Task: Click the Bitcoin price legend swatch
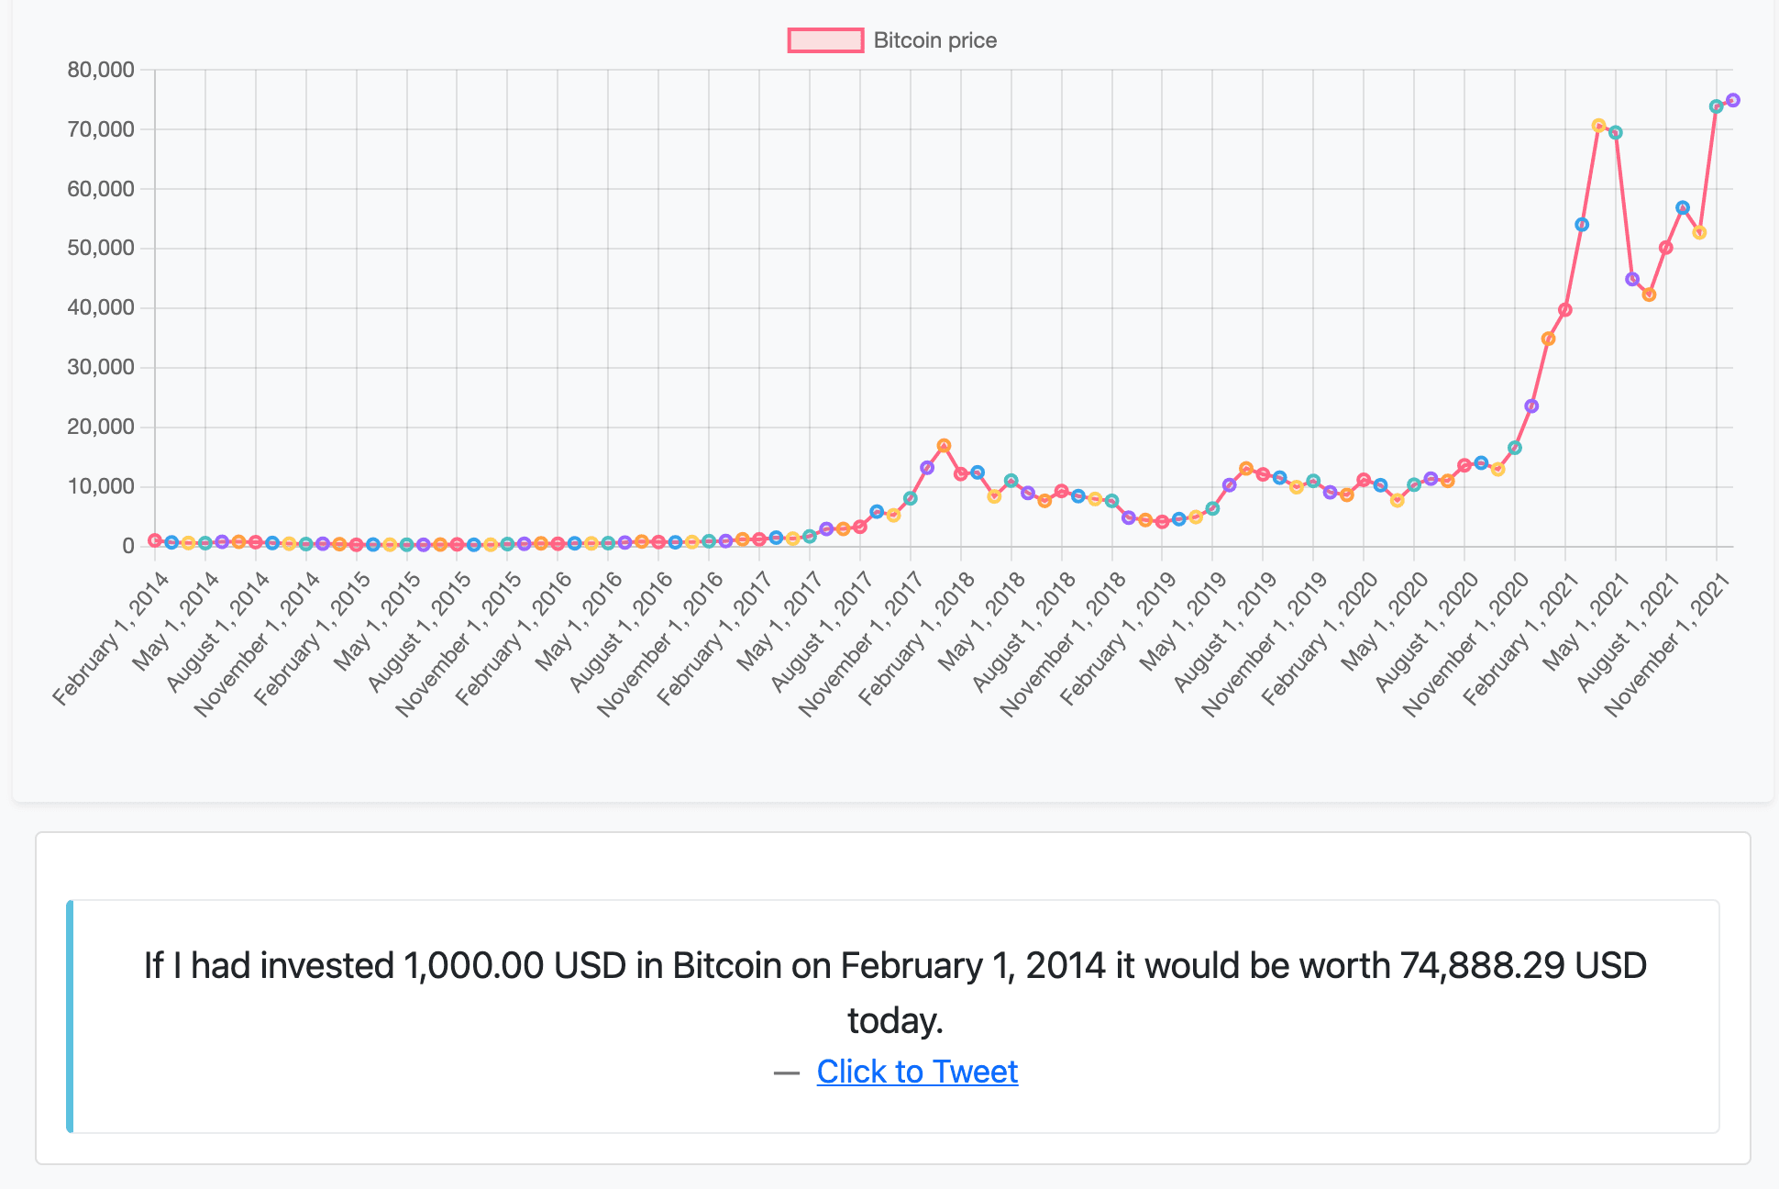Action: (825, 40)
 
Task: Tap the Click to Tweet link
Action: (917, 1072)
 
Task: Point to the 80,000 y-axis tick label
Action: (101, 70)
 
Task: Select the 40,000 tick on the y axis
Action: (101, 308)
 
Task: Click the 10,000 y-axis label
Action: (101, 487)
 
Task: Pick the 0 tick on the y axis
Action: (128, 547)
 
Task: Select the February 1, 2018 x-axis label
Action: (917, 638)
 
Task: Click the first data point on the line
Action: (155, 540)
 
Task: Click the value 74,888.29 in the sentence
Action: (1482, 966)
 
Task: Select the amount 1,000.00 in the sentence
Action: (473, 966)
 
